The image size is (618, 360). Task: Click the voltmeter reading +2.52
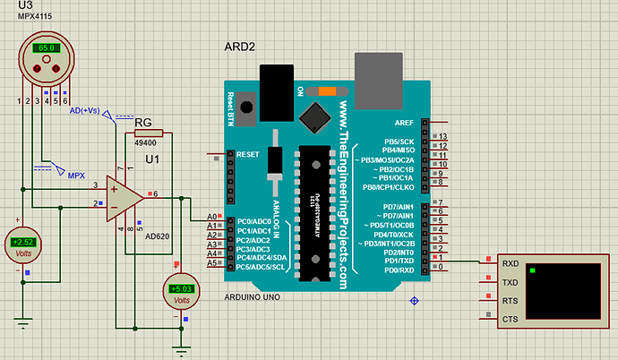coord(21,242)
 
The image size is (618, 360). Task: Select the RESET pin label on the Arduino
coord(250,154)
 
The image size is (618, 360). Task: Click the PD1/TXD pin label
coord(399,261)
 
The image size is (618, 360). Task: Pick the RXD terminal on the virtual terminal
coord(511,263)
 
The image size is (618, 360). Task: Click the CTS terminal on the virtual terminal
coord(511,318)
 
